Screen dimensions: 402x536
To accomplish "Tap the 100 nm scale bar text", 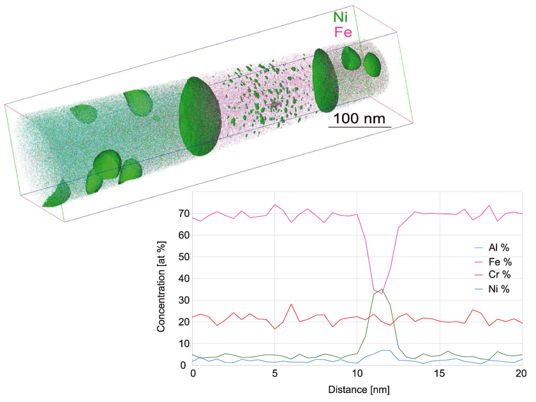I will (359, 118).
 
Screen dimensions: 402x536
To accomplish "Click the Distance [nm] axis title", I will (357, 388).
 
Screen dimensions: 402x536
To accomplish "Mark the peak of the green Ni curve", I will (382, 290).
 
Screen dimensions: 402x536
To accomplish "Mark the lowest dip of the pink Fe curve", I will (382, 294).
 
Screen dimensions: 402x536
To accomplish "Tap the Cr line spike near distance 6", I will (292, 304).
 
